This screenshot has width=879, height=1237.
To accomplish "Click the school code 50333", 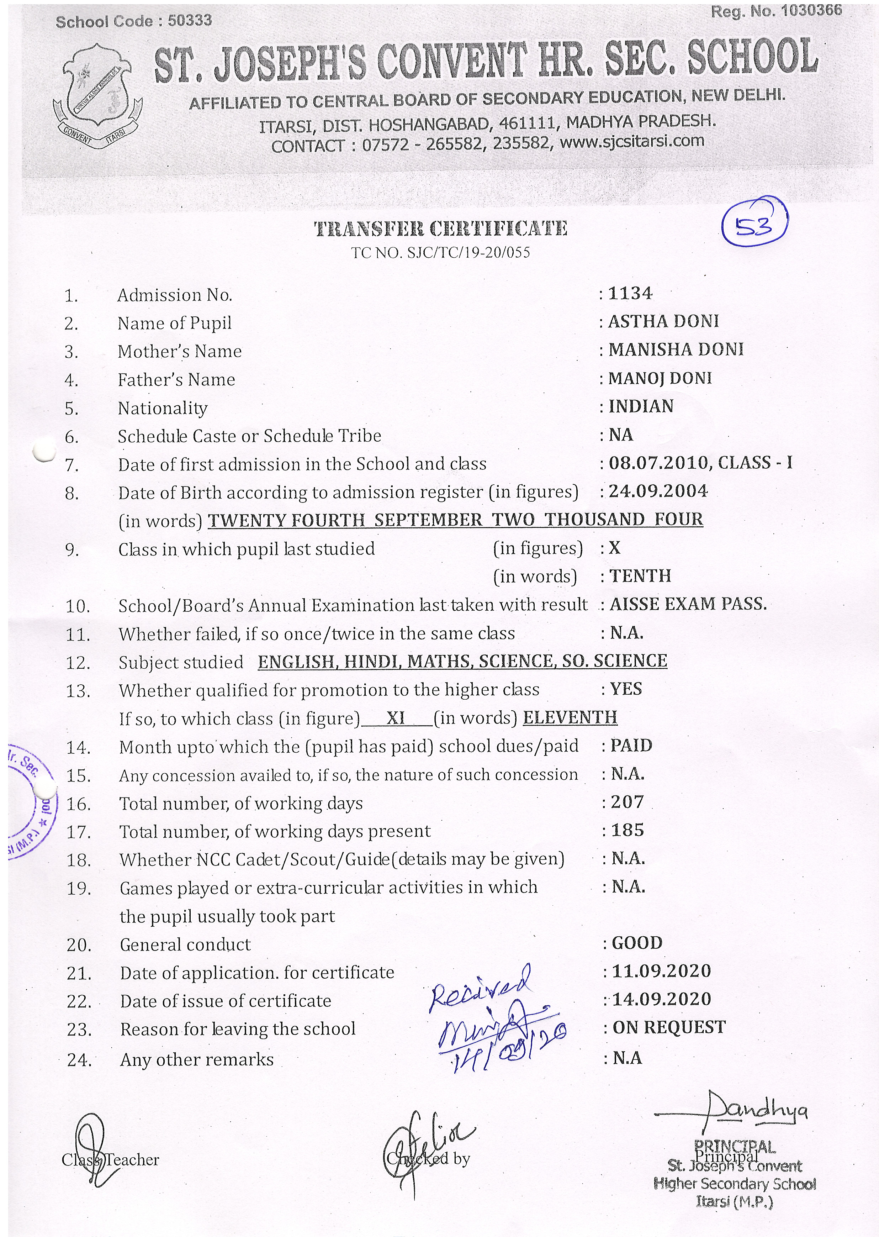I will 190,21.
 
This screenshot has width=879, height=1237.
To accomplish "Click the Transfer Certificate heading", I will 441,229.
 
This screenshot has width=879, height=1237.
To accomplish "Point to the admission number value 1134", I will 631,294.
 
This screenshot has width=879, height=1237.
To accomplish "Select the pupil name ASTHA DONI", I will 663,322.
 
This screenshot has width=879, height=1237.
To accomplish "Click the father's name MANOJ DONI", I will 660,378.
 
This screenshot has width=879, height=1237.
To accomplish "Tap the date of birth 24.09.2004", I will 658,491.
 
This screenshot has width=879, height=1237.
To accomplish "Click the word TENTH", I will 640,575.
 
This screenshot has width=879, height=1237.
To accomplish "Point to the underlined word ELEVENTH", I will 570,717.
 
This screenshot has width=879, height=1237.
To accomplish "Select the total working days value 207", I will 627,802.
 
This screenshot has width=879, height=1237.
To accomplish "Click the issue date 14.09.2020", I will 661,999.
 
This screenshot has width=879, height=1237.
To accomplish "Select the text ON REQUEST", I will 669,1027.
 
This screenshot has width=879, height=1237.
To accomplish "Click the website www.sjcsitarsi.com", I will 632,142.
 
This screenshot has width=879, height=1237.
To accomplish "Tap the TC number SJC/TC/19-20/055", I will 468,252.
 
